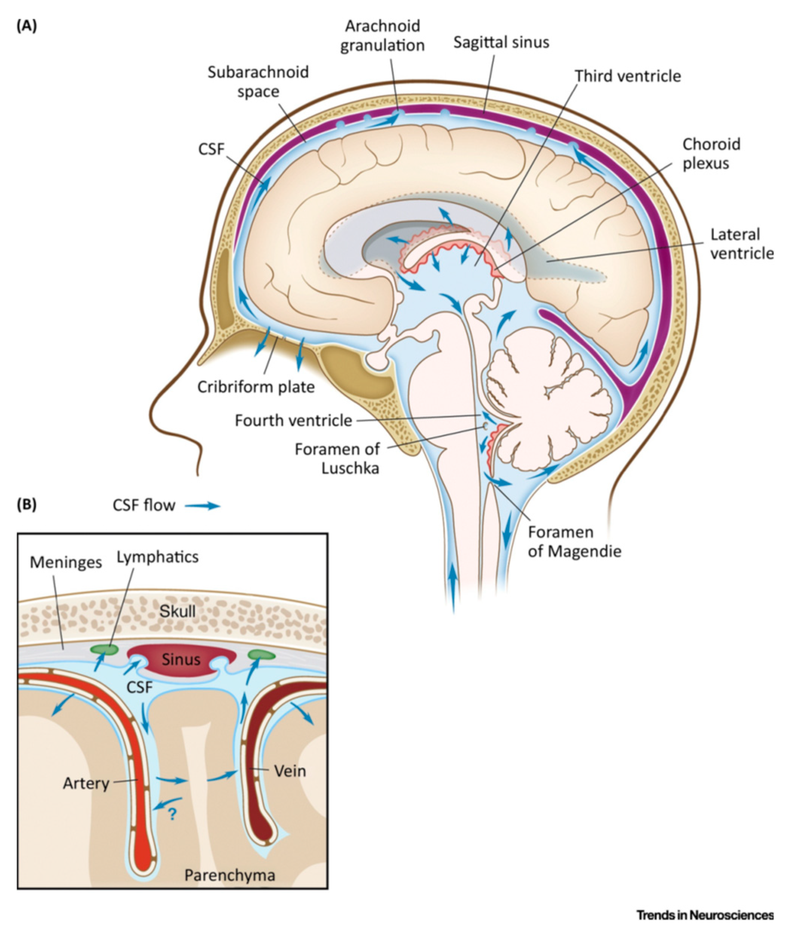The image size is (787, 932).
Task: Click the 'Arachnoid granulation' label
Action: point(382,36)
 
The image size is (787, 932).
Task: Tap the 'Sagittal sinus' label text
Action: point(501,43)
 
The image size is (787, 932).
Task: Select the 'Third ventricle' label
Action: point(627,76)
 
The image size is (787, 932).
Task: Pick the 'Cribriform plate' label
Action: point(256,387)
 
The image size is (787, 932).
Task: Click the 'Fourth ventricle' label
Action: point(293,420)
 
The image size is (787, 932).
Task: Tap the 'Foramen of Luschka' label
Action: point(337,458)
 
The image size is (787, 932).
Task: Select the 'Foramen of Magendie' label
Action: point(574,542)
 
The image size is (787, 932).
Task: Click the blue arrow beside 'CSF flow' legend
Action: point(203,506)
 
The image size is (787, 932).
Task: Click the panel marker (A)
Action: point(27,26)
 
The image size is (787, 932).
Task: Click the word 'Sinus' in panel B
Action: point(181,659)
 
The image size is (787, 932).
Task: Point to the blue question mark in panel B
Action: point(172,816)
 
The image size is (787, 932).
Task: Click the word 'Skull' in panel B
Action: point(177,611)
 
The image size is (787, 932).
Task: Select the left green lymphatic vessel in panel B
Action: point(104,649)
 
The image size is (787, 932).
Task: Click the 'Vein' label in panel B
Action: point(290,771)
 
